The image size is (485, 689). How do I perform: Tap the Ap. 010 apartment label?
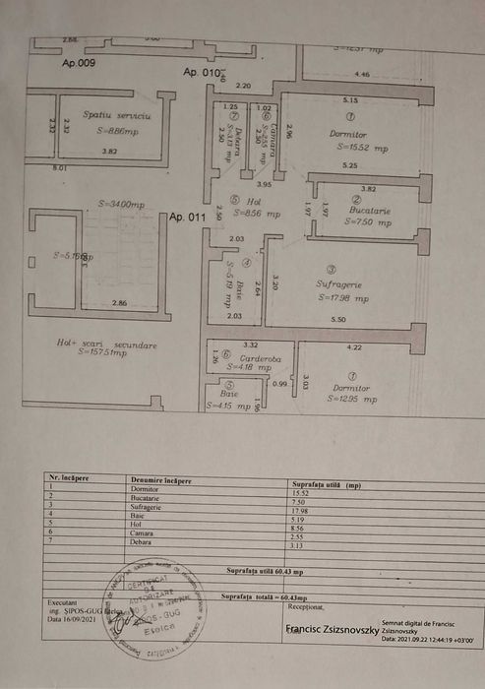click(x=201, y=72)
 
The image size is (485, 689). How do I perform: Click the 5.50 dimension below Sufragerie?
click(x=338, y=320)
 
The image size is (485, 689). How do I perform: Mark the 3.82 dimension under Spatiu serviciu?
click(x=110, y=152)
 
